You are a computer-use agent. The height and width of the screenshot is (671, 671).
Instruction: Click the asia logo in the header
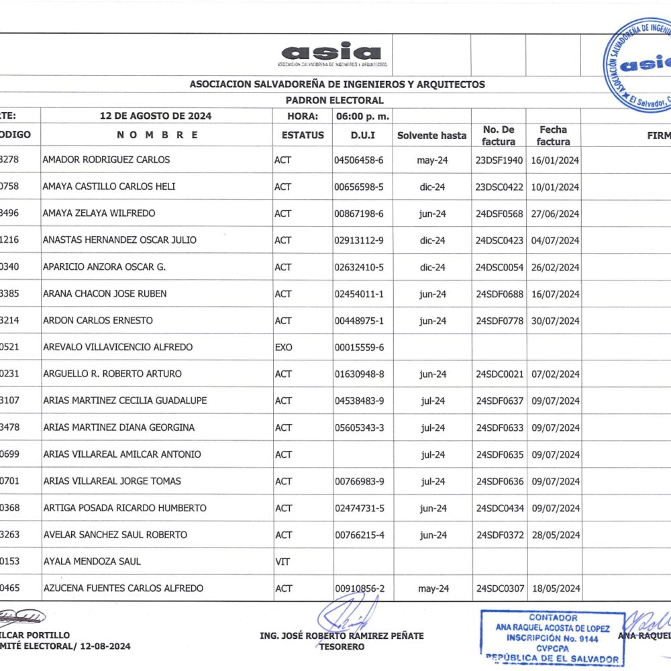[332, 53]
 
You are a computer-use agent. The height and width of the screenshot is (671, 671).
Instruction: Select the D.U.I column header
[362, 135]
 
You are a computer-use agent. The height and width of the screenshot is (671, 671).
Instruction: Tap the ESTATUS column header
[303, 135]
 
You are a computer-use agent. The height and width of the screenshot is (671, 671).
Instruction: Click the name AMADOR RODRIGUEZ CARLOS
[106, 160]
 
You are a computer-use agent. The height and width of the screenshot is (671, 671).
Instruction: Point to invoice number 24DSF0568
[499, 213]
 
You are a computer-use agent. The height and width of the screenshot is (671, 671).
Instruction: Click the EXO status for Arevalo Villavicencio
[284, 347]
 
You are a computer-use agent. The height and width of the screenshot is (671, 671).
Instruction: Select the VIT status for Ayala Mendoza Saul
[282, 561]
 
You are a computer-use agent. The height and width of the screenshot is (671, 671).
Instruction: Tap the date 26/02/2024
[555, 267]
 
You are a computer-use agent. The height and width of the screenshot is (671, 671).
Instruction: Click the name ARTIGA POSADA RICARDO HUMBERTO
[124, 508]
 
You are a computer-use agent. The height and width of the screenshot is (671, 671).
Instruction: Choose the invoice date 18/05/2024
[555, 588]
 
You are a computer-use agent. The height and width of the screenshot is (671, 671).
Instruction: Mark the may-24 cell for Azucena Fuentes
[433, 588]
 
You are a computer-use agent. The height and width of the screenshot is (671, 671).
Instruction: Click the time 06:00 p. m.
[362, 116]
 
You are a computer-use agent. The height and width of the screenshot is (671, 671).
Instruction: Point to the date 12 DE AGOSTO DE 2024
[156, 116]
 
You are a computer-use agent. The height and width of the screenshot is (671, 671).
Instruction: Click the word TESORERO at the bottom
[342, 647]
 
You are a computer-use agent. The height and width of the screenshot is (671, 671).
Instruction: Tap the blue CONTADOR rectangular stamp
[552, 637]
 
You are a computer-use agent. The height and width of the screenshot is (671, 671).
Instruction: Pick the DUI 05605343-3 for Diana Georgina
[359, 427]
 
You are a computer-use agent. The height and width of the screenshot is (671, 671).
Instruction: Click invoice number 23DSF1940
[499, 160]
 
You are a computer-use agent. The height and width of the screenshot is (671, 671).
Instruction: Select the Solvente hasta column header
[431, 136]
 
